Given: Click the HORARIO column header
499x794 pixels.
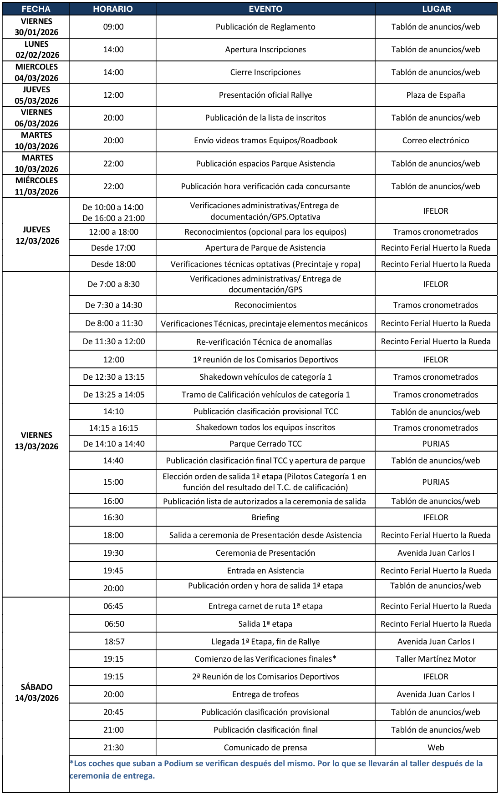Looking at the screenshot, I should point(113,9).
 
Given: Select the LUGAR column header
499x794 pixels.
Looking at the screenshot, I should point(436,9).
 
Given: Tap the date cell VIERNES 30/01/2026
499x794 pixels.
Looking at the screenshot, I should point(36,27).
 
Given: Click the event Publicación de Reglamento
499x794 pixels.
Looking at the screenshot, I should point(265,27).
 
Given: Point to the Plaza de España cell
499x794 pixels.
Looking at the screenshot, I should point(436,95).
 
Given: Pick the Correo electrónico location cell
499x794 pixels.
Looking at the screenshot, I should point(436,141).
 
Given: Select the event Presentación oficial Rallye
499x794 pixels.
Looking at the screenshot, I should point(265,95).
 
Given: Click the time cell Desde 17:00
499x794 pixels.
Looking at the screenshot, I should point(113,248).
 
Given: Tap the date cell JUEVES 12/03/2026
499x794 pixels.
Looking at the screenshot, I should point(36,235).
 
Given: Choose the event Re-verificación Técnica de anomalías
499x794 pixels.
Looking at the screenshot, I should point(265,342).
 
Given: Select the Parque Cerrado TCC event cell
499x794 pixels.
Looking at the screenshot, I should point(265,444).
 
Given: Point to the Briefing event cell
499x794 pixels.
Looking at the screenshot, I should point(265,518).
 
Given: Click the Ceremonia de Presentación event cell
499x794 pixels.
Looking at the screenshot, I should point(265,553).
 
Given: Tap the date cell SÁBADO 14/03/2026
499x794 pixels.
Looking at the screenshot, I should point(36,692).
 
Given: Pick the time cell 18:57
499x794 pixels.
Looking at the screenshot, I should point(113,642).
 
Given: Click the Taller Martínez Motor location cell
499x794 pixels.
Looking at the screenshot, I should point(436,659).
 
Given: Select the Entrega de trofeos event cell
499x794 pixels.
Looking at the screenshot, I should point(265,694).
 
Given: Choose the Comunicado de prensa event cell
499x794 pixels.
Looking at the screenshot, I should point(265,748).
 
